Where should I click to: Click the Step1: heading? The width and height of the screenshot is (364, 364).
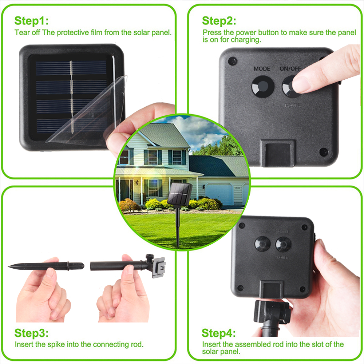pyautogui.click(x=31, y=20)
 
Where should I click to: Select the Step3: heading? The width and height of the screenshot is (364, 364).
pyautogui.click(x=31, y=333)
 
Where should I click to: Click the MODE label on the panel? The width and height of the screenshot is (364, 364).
pyautogui.click(x=262, y=68)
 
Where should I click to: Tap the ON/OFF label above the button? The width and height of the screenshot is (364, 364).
pyautogui.click(x=290, y=68)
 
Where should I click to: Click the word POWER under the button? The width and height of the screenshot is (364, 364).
pyautogui.click(x=293, y=106)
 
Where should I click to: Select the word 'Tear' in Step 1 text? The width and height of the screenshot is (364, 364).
pyautogui.click(x=21, y=32)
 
